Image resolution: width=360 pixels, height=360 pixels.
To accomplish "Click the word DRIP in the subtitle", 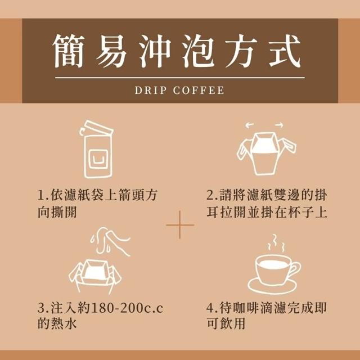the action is tap(150, 90).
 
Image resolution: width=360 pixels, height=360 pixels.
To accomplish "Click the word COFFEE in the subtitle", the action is tap(199, 90).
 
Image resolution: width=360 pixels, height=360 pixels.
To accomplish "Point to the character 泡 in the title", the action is tap(199, 51).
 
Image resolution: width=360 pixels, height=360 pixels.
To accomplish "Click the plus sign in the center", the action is tap(180, 225).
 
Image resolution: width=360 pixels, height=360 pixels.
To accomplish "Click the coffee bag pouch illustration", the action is tap(97, 149).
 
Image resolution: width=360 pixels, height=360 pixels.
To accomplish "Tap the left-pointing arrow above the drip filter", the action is tap(249, 125).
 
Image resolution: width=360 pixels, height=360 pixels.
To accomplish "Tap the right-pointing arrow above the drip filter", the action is tap(279, 125).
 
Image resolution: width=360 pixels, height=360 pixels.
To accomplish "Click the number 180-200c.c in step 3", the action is tap(127, 308).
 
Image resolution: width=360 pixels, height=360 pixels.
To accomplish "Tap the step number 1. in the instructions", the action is tap(43, 196).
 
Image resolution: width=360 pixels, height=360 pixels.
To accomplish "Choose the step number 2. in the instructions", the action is tap(213, 196).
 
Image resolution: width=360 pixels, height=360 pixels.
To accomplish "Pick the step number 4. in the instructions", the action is tap(213, 308).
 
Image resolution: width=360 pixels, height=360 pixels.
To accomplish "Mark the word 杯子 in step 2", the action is tap(300, 211).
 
